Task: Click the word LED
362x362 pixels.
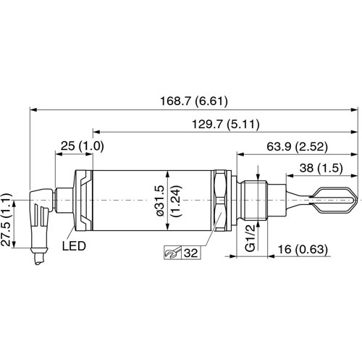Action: (74, 246)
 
